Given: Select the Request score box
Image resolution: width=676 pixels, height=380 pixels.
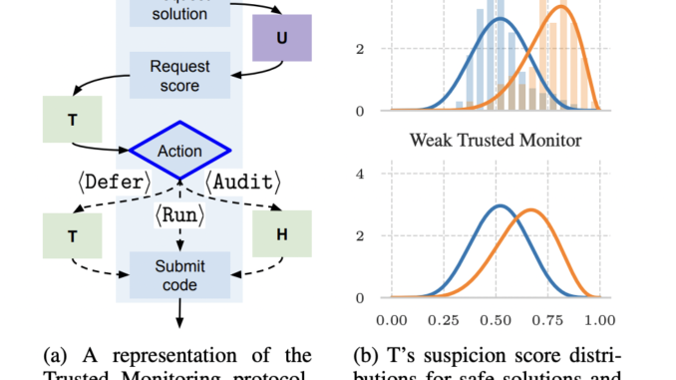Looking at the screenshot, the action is [x=179, y=76].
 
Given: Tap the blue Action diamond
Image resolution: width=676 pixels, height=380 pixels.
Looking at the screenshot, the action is [x=179, y=152].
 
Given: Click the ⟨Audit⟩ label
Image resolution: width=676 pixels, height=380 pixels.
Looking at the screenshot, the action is [x=243, y=183].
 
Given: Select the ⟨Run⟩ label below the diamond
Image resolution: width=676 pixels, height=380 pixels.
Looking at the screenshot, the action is [x=179, y=212].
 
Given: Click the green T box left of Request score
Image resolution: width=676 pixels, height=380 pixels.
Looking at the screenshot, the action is [x=72, y=118].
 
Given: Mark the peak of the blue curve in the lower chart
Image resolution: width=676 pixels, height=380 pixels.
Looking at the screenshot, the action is [x=501, y=206].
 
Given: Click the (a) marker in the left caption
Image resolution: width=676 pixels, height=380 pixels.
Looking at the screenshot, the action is [x=62, y=355].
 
